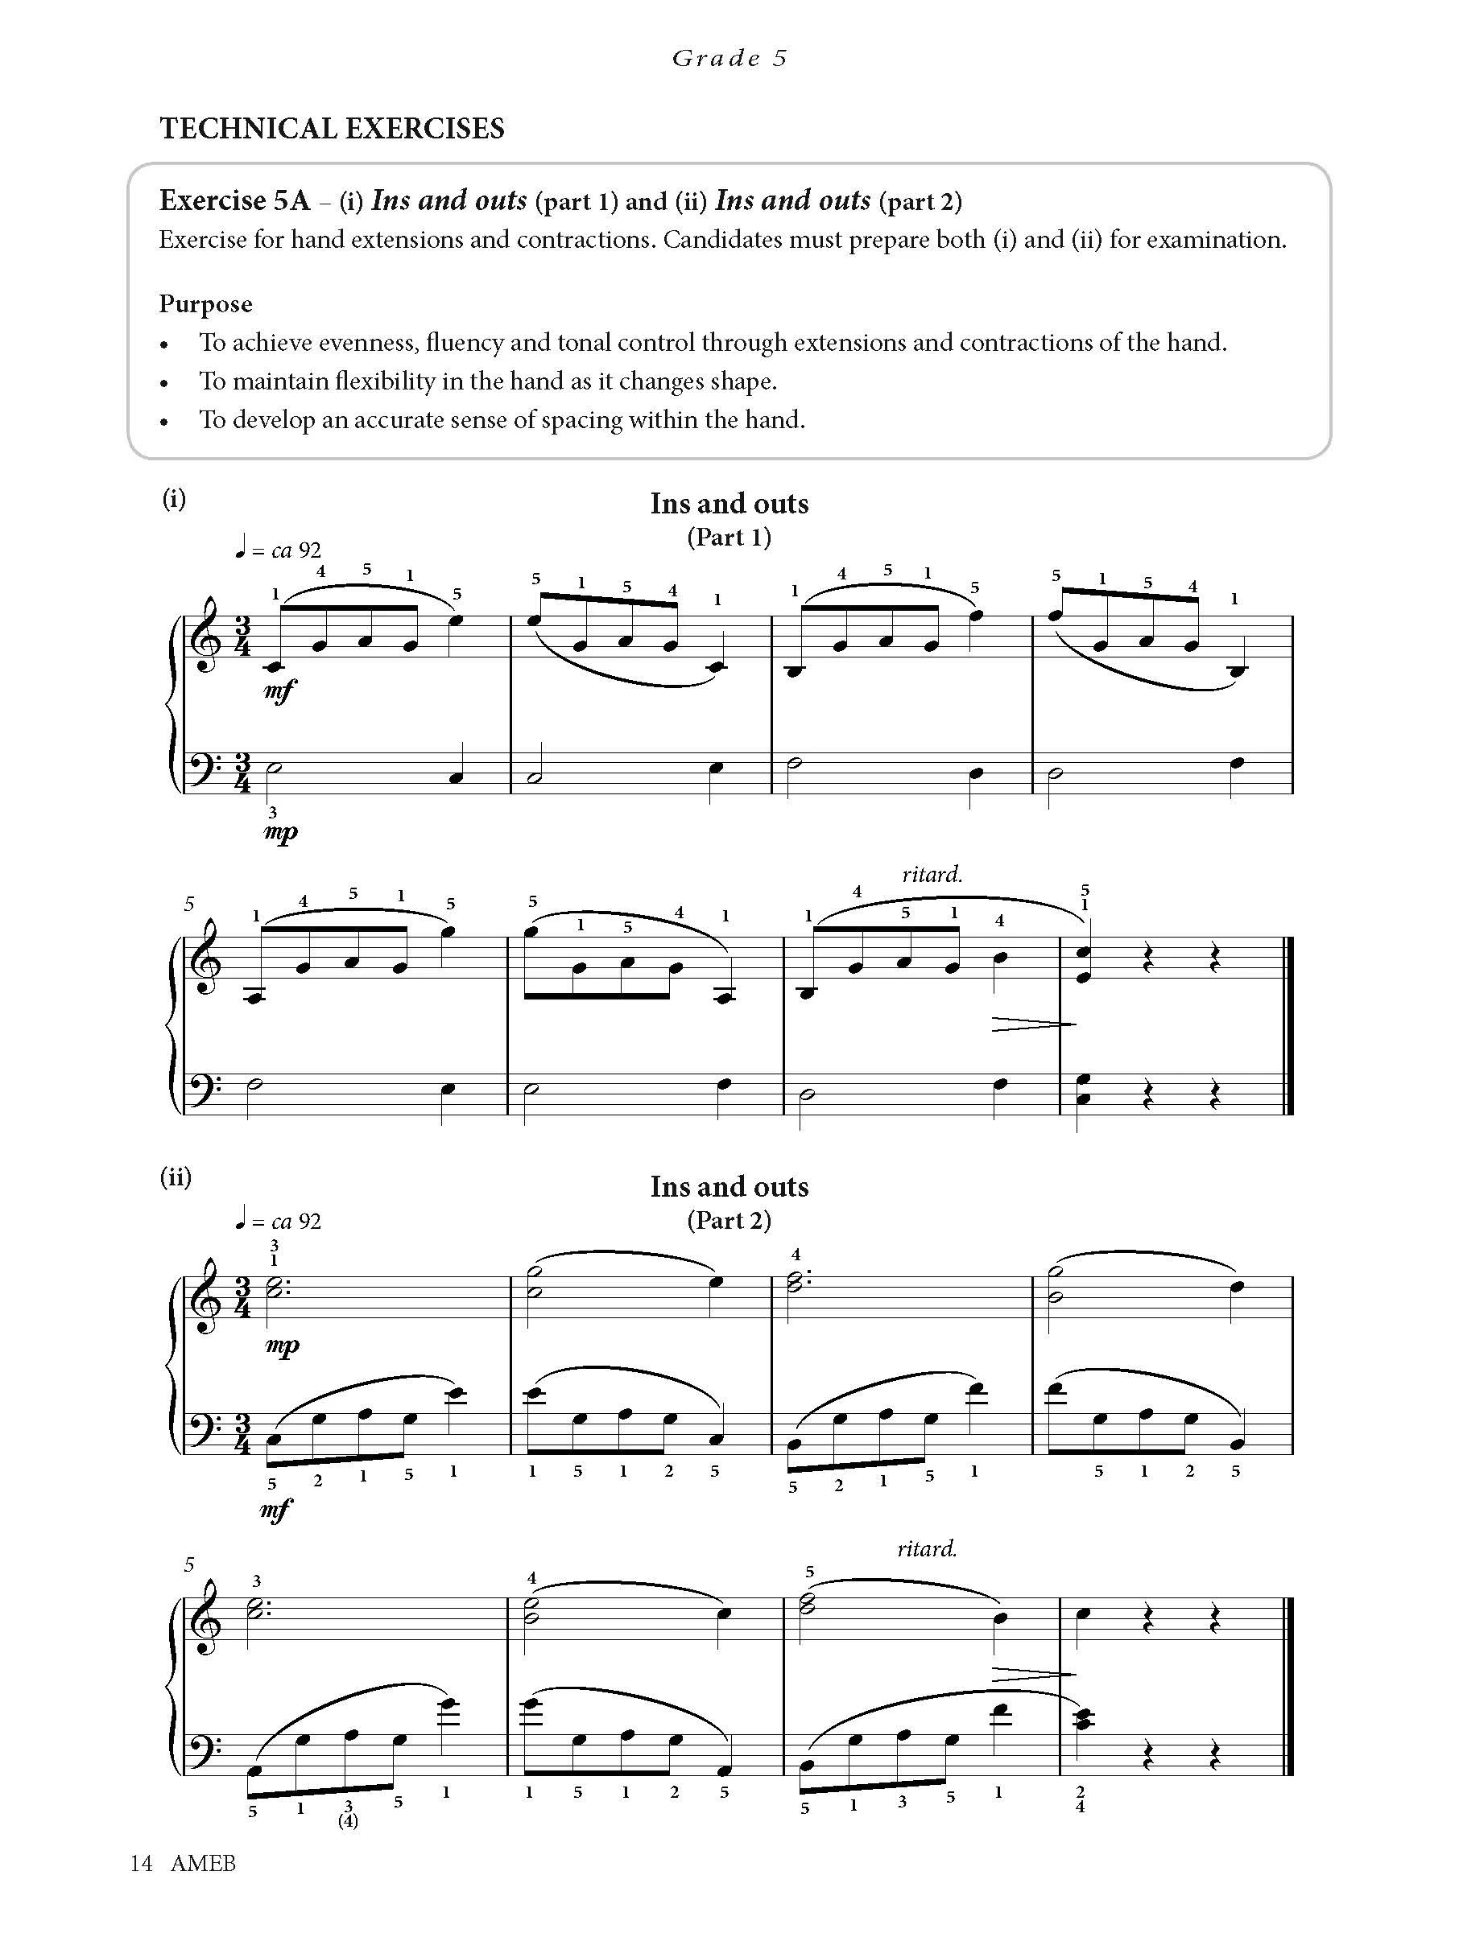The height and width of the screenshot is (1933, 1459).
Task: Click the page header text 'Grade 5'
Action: [729, 59]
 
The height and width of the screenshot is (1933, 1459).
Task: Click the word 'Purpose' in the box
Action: [205, 304]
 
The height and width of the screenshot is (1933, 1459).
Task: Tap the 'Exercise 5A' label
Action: [234, 201]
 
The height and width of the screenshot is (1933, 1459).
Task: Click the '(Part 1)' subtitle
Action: [729, 537]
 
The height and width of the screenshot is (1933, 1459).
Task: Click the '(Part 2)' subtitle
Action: [729, 1220]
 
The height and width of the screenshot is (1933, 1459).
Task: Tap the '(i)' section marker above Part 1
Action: [174, 498]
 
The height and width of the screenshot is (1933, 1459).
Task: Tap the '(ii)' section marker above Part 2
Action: [175, 1177]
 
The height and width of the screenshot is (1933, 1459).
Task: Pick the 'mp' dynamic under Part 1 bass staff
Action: [281, 832]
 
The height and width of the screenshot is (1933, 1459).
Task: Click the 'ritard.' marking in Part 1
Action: [932, 874]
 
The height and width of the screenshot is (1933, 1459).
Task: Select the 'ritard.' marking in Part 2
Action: [927, 1549]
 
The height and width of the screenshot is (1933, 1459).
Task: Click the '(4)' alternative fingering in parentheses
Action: [348, 1821]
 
